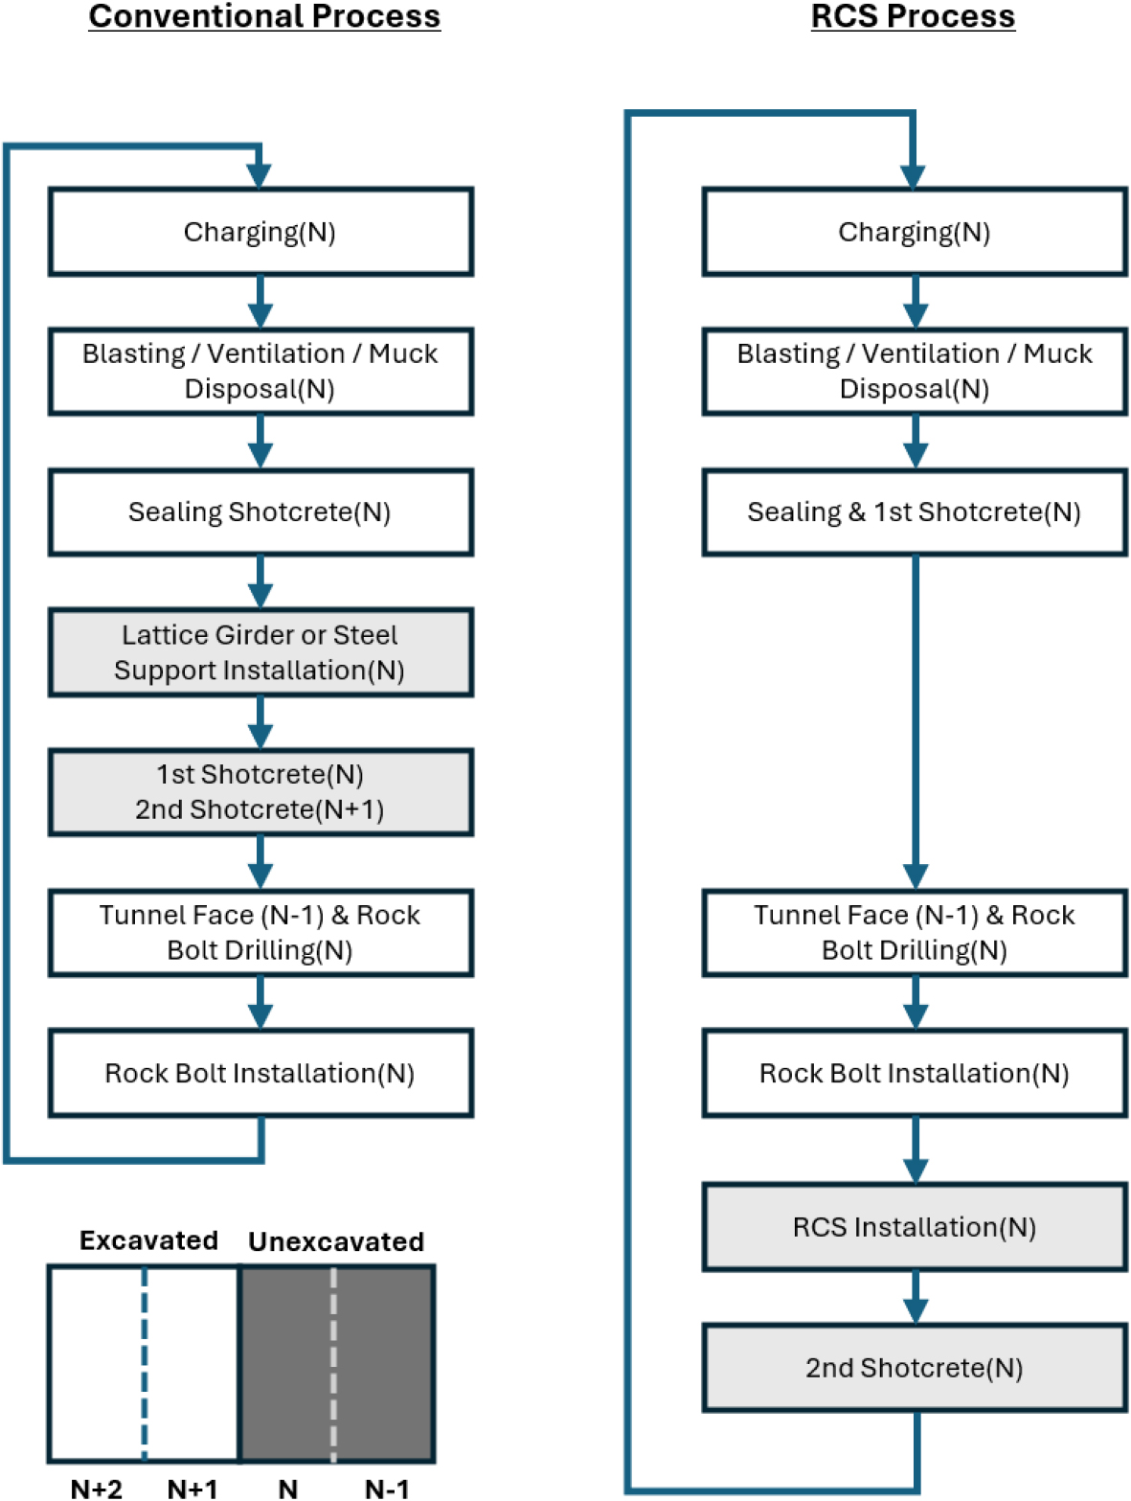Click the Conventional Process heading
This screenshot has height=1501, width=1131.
(x=264, y=17)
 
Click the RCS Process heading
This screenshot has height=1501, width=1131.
(x=913, y=17)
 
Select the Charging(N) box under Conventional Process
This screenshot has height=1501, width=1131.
(x=260, y=232)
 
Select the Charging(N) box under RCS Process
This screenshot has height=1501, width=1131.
(x=915, y=232)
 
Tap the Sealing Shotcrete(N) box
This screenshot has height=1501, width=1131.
(x=260, y=512)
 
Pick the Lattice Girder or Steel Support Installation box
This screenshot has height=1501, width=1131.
(x=260, y=652)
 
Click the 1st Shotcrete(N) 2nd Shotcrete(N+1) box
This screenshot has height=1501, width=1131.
(x=260, y=792)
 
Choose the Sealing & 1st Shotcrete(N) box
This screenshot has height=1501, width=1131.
(x=915, y=512)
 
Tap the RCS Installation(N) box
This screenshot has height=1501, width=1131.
(x=915, y=1227)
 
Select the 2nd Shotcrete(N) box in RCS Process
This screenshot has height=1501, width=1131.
(x=915, y=1368)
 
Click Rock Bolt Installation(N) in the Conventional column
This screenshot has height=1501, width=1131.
(x=260, y=1073)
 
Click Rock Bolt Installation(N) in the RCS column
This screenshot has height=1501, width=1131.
(x=915, y=1073)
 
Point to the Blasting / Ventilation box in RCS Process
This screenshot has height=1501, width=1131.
(x=915, y=372)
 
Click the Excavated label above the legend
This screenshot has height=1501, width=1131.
(x=149, y=1240)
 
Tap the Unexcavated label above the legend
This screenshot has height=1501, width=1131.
(x=336, y=1241)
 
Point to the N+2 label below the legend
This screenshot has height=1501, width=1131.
(x=97, y=1489)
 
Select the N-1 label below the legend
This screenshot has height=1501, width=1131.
(x=387, y=1489)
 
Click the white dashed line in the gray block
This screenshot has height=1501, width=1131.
(x=333, y=1365)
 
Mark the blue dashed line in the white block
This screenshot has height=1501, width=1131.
(x=145, y=1365)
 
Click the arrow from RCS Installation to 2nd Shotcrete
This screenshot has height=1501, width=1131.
(x=916, y=1298)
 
